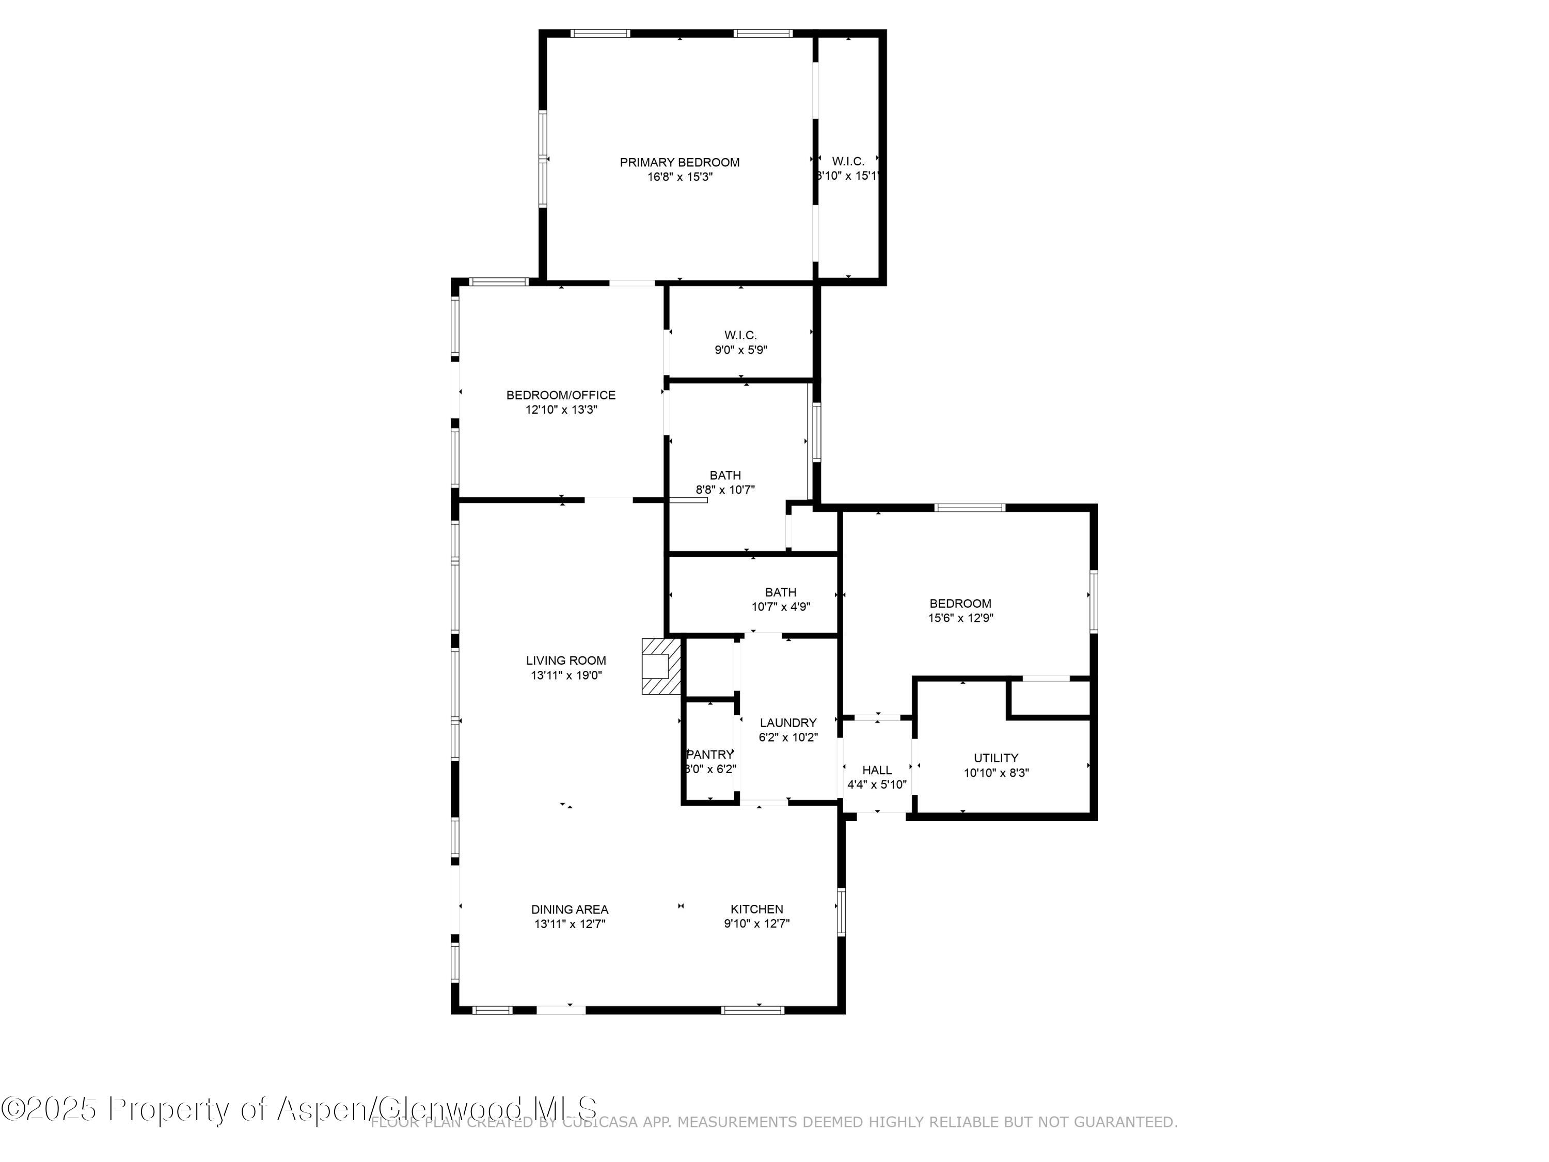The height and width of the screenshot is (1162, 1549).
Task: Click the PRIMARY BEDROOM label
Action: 679,163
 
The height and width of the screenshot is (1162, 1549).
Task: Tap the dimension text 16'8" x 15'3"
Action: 679,177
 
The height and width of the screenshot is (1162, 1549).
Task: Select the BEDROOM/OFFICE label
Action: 561,395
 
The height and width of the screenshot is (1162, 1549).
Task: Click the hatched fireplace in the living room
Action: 660,666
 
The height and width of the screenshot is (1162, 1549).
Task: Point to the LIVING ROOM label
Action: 566,661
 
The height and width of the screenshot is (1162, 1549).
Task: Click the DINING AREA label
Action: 570,909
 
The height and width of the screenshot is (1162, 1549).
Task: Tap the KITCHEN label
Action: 756,909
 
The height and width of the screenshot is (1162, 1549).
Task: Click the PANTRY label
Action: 710,755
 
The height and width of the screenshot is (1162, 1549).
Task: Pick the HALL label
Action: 877,770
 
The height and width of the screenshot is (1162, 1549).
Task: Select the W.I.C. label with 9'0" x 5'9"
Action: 740,336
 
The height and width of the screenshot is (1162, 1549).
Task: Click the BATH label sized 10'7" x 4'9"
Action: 780,592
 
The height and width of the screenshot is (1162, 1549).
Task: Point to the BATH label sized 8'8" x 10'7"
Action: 725,476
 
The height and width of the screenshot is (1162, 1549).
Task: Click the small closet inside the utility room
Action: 1049,698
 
